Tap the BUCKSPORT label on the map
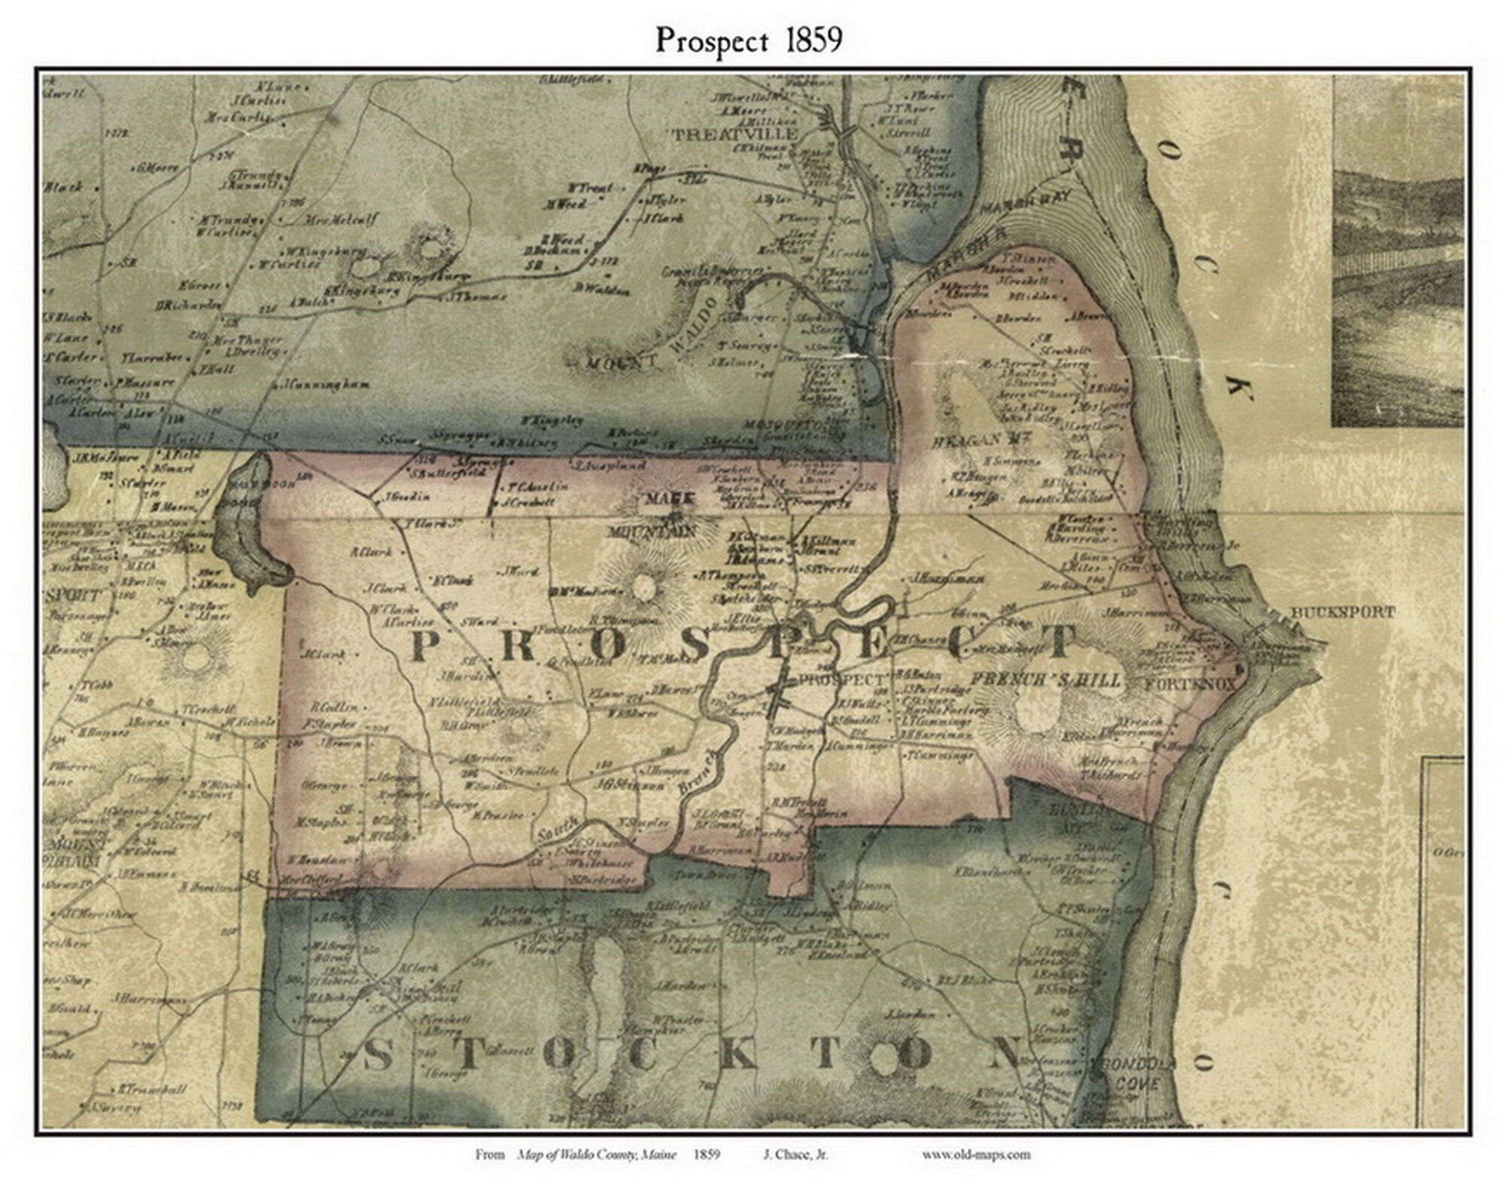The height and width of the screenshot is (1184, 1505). point(1342,613)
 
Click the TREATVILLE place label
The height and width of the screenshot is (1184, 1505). point(734,134)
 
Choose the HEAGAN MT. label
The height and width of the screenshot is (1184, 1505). point(976,441)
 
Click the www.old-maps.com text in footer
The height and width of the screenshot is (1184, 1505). point(975,1154)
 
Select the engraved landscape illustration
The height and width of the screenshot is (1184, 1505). point(1397,252)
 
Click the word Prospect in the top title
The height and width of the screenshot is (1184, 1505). point(711,41)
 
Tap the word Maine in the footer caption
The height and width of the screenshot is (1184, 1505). point(659,1154)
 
